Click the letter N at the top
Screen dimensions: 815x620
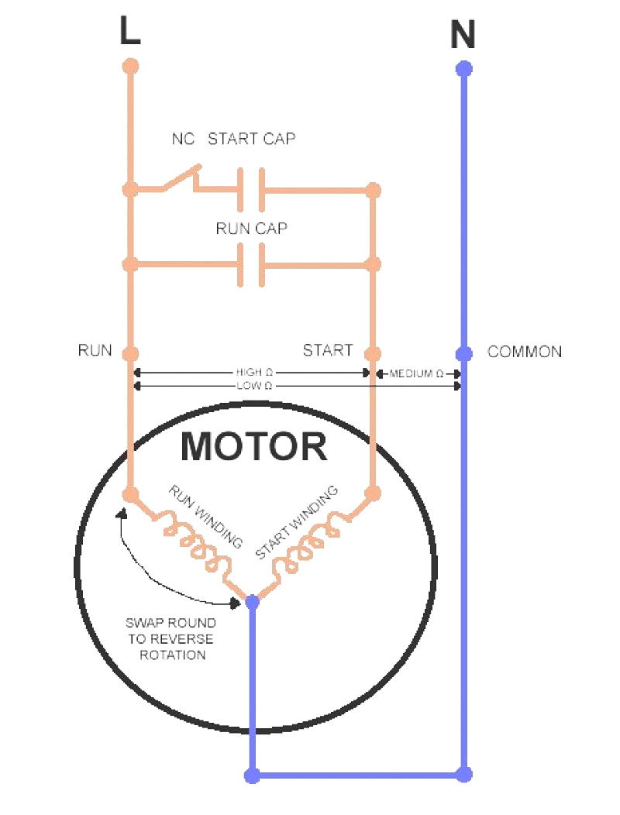[463, 36]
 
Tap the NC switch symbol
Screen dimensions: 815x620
[181, 179]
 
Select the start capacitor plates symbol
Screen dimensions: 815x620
[250, 189]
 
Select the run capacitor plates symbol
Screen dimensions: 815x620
[250, 265]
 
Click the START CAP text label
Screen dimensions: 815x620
[251, 139]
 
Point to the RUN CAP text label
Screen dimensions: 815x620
[251, 230]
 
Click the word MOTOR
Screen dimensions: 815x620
[254, 447]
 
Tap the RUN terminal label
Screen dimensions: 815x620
[95, 350]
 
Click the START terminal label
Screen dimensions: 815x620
[327, 350]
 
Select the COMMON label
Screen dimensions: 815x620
[524, 352]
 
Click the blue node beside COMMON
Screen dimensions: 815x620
[463, 354]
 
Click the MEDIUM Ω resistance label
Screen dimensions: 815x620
[416, 373]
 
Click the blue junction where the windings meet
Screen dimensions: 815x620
[252, 601]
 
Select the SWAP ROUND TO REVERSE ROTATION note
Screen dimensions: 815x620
[170, 638]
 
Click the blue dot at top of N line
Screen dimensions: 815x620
[463, 68]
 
